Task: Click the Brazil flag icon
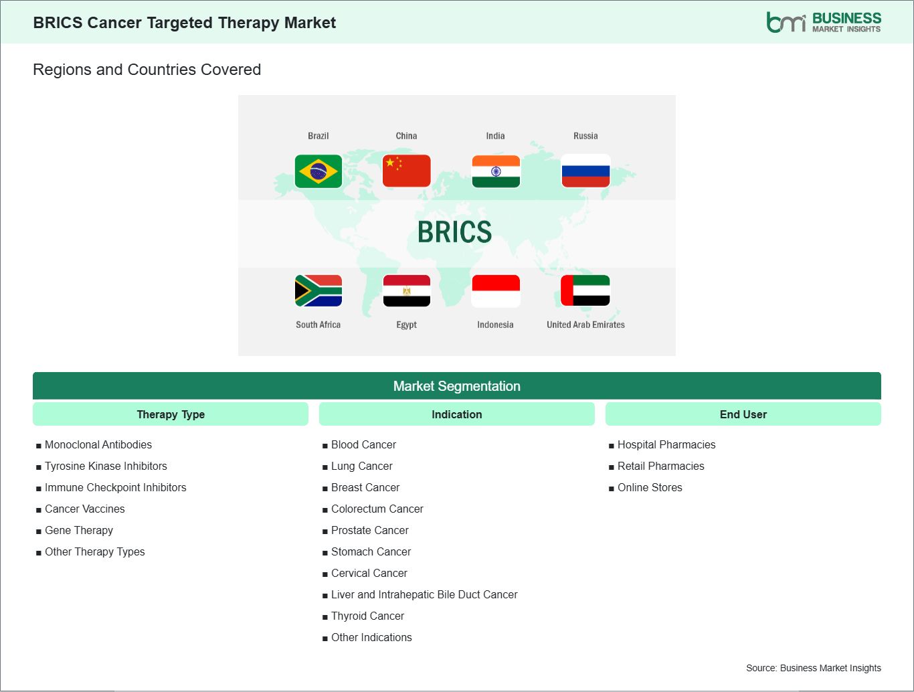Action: click(x=318, y=171)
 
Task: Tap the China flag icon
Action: click(x=406, y=171)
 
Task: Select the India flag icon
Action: click(x=496, y=171)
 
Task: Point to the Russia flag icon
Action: click(x=585, y=171)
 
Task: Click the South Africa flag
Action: click(x=318, y=290)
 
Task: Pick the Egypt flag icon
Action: click(x=406, y=290)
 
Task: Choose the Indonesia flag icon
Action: click(x=496, y=290)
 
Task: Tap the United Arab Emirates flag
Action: click(x=585, y=290)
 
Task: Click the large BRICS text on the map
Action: click(x=455, y=232)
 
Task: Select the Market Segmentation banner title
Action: click(x=457, y=386)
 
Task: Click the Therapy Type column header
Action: click(x=171, y=414)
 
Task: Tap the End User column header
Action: click(x=743, y=414)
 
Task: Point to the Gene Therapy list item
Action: click(x=79, y=530)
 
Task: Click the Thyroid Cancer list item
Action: click(x=367, y=616)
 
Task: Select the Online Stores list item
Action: click(x=650, y=487)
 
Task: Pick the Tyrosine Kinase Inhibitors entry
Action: click(x=106, y=466)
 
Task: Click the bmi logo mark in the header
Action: click(x=786, y=22)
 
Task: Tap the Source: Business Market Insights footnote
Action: click(x=813, y=668)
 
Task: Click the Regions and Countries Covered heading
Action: click(x=147, y=70)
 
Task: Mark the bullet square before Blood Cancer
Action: click(x=325, y=446)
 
